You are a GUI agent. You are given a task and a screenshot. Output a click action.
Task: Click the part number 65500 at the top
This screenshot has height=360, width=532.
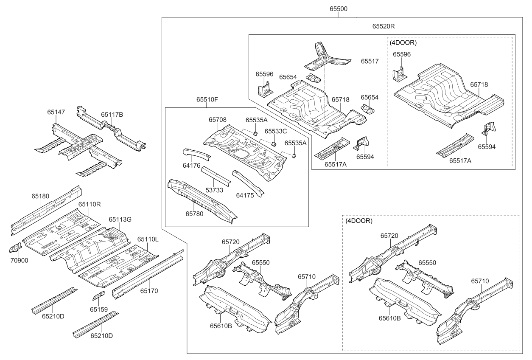[338, 9]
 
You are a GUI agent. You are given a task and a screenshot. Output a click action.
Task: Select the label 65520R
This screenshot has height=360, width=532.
[384, 26]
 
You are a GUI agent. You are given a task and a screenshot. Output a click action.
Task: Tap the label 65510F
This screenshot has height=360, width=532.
[207, 100]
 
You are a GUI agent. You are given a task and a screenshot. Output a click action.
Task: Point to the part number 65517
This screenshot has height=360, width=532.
[370, 61]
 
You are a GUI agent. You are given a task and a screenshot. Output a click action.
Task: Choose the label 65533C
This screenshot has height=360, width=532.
[276, 131]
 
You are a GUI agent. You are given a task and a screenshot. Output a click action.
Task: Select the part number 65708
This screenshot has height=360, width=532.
[217, 120]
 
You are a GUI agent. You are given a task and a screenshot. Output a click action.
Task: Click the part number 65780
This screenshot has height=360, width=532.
[194, 214]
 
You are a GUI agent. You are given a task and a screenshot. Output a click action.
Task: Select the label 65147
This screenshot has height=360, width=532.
[56, 112]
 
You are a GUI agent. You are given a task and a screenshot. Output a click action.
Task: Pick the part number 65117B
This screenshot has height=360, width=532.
[112, 114]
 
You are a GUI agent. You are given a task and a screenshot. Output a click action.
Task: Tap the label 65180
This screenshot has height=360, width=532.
[40, 196]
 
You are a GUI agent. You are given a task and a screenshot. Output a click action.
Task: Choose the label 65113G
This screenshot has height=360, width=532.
[120, 219]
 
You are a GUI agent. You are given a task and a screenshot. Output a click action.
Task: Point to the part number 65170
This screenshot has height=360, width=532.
[149, 291]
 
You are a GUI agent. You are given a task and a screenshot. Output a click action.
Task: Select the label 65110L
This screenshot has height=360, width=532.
[148, 239]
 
